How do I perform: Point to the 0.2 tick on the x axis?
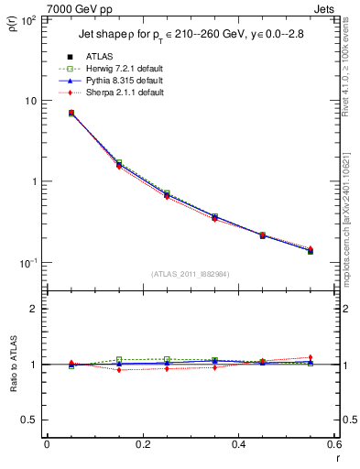tap(142, 445)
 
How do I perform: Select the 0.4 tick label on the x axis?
tap(238, 445)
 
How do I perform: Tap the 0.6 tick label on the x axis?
tap(333, 445)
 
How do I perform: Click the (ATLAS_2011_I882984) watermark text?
tap(190, 273)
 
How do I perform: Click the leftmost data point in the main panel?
tap(71, 114)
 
